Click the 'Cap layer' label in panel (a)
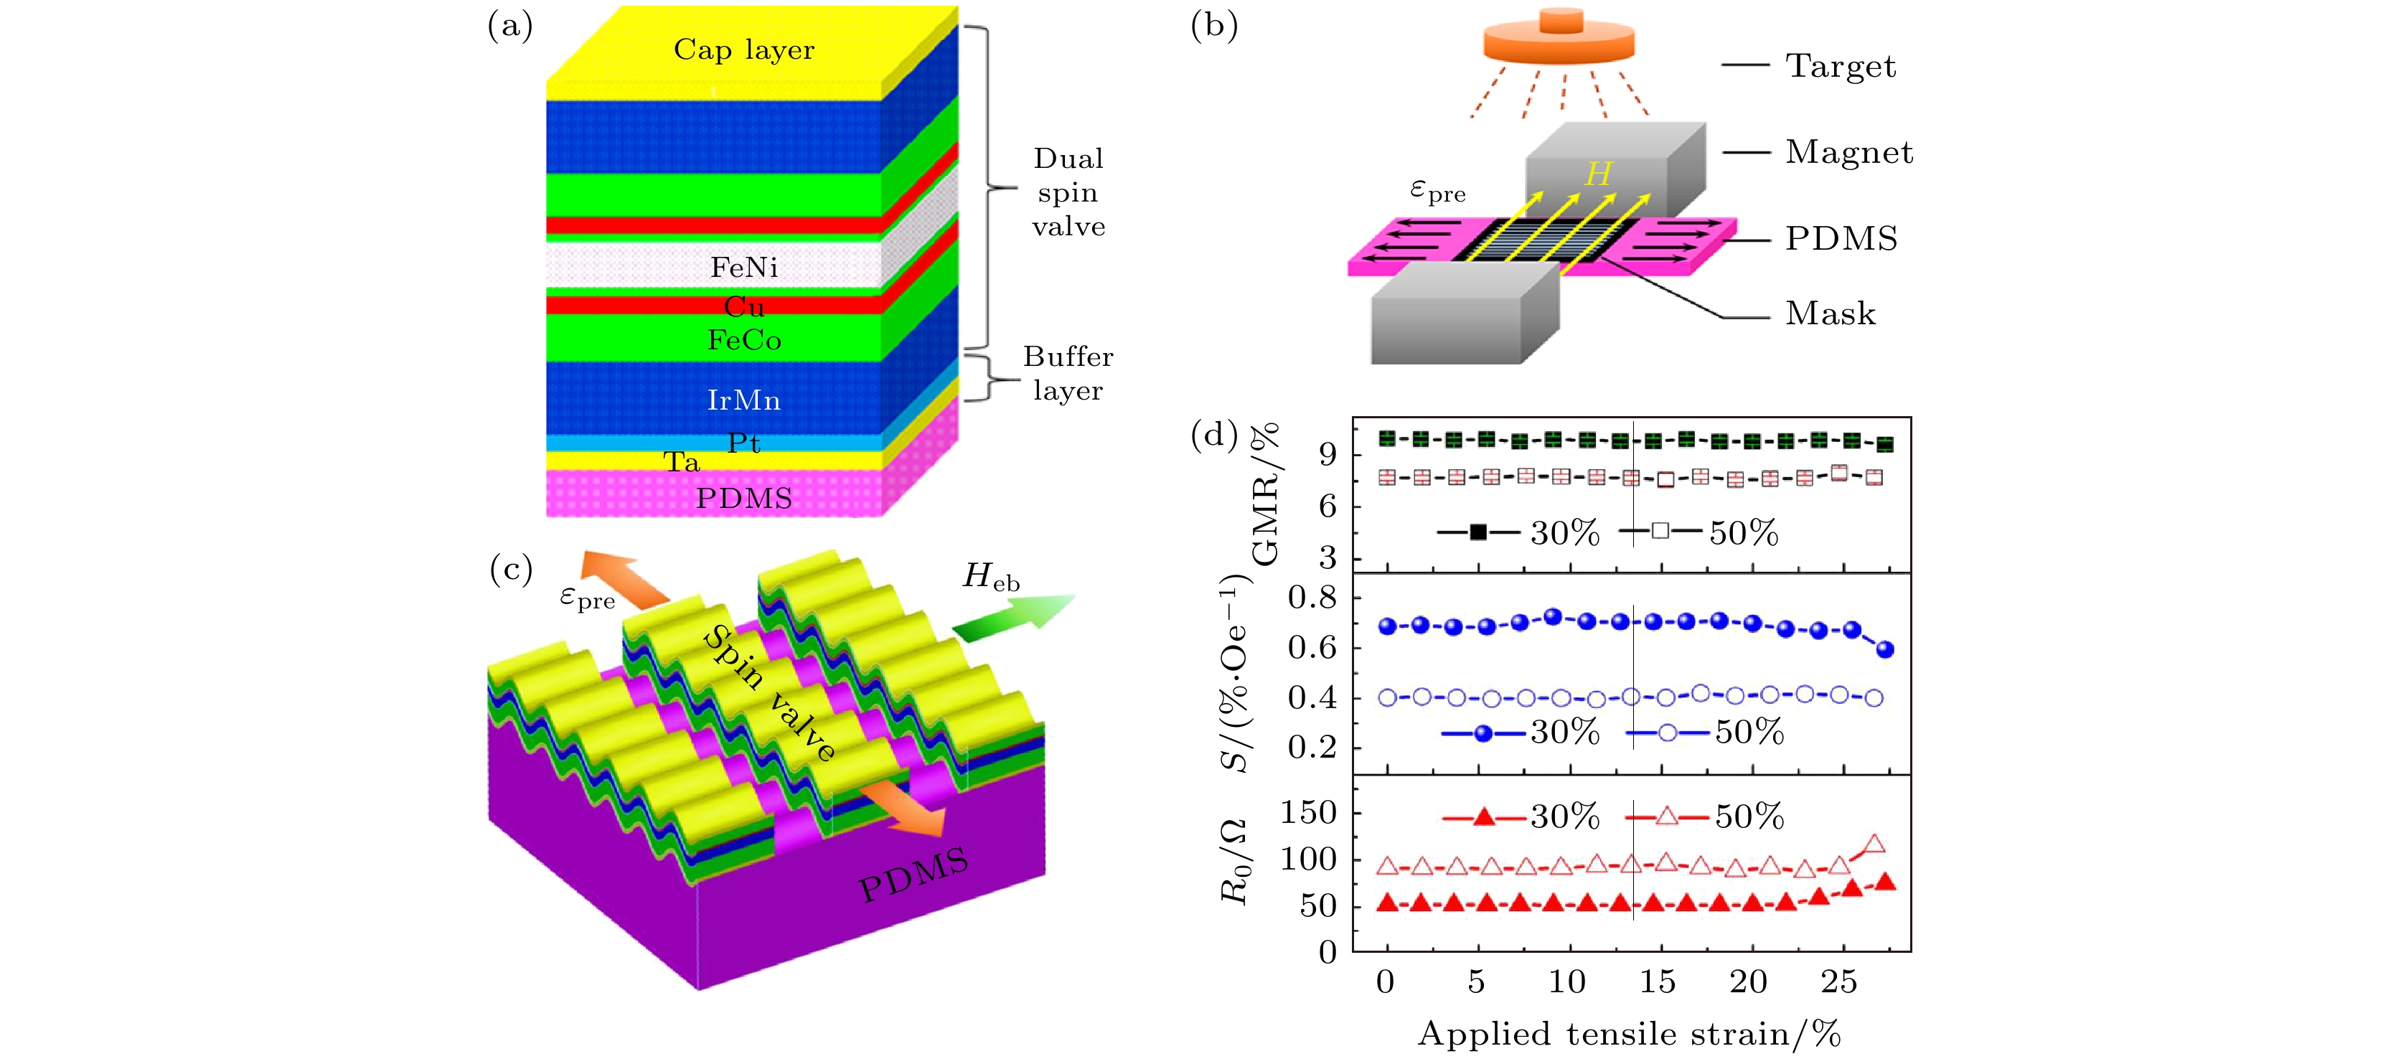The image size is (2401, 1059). tap(744, 50)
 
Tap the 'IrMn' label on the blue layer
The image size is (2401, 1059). tap(744, 400)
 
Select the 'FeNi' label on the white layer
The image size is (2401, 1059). tap(744, 268)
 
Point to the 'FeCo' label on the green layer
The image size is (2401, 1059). tap(744, 340)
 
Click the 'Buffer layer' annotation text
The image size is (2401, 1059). tap(1068, 373)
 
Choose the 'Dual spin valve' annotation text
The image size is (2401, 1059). tap(1068, 192)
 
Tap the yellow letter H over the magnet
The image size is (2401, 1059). tap(1597, 174)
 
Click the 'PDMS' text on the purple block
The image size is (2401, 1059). tap(913, 875)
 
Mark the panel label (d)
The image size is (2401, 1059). tap(1213, 434)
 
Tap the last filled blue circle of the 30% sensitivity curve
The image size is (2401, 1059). tap(1884, 650)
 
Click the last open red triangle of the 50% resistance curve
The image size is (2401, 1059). tap(1874, 844)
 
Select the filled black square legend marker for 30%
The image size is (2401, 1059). tap(1478, 532)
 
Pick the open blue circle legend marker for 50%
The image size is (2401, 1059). tap(1668, 733)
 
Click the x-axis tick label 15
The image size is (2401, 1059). tap(1657, 982)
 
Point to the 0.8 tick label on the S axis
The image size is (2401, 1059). tap(1312, 597)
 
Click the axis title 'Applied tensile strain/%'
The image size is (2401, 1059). tap(1629, 1034)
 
